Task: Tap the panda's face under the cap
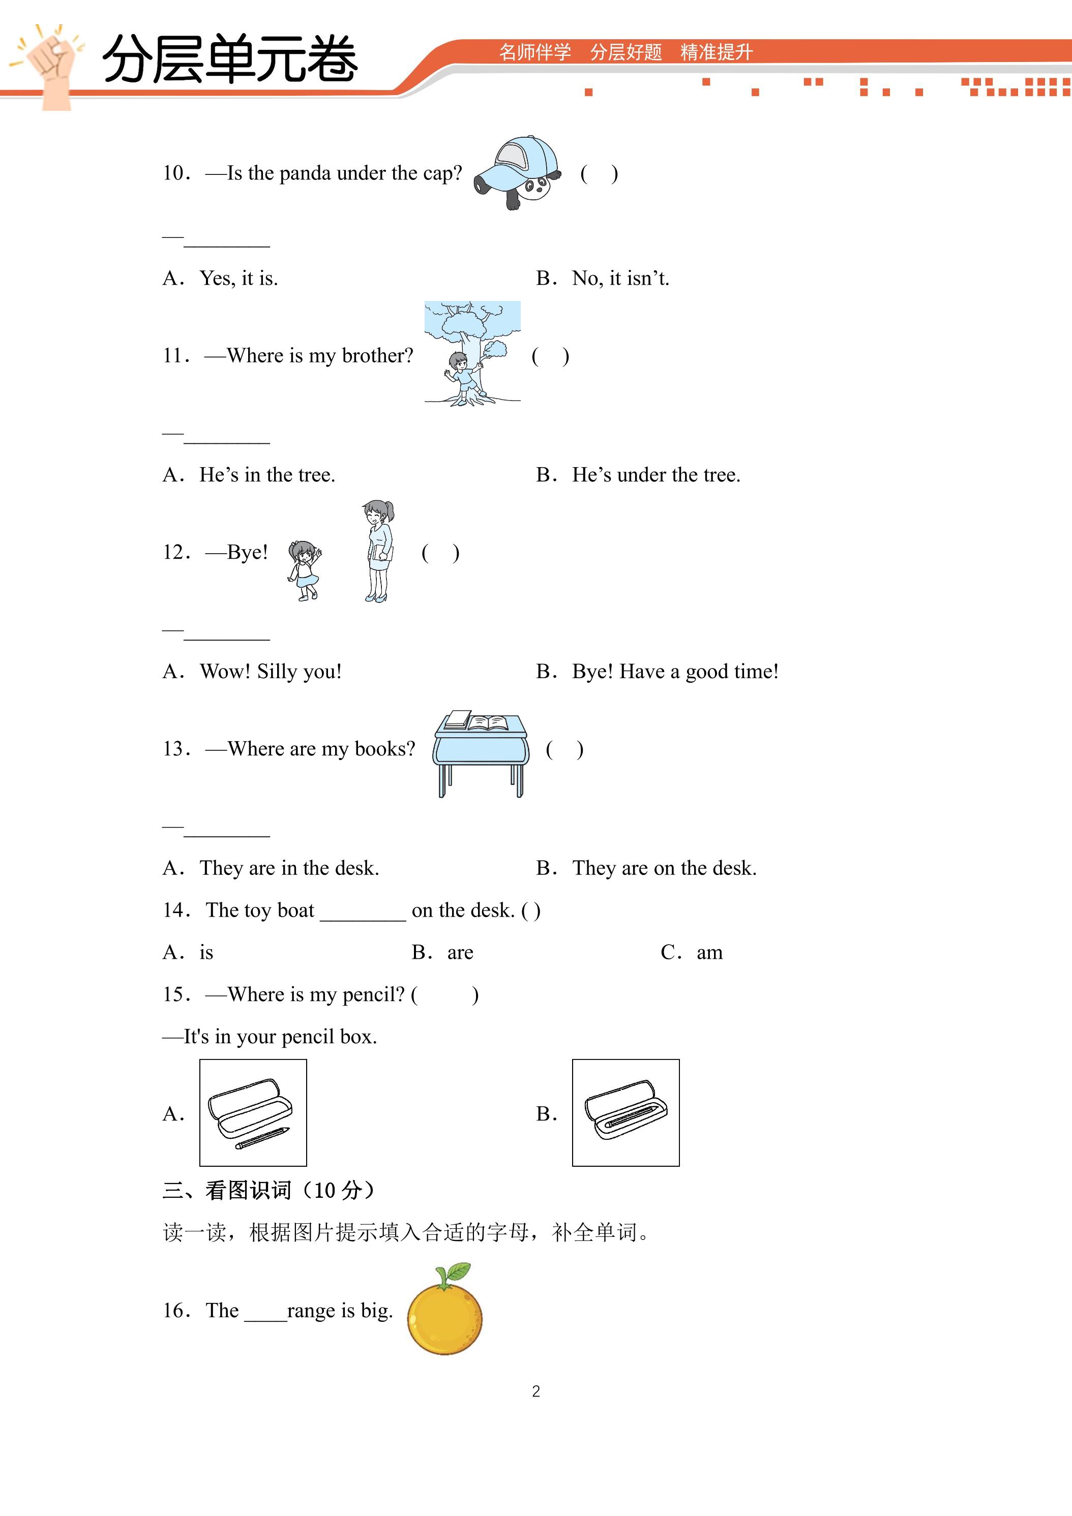click(535, 188)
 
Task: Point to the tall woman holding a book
click(378, 551)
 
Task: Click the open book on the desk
click(488, 723)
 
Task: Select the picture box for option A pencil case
click(253, 1112)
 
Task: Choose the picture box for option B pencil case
click(626, 1112)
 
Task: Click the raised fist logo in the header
click(49, 66)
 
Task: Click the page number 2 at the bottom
click(535, 1392)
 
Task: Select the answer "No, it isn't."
click(620, 279)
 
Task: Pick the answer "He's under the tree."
click(656, 475)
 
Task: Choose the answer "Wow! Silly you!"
click(271, 672)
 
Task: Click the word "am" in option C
click(709, 953)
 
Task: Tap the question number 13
click(177, 749)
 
